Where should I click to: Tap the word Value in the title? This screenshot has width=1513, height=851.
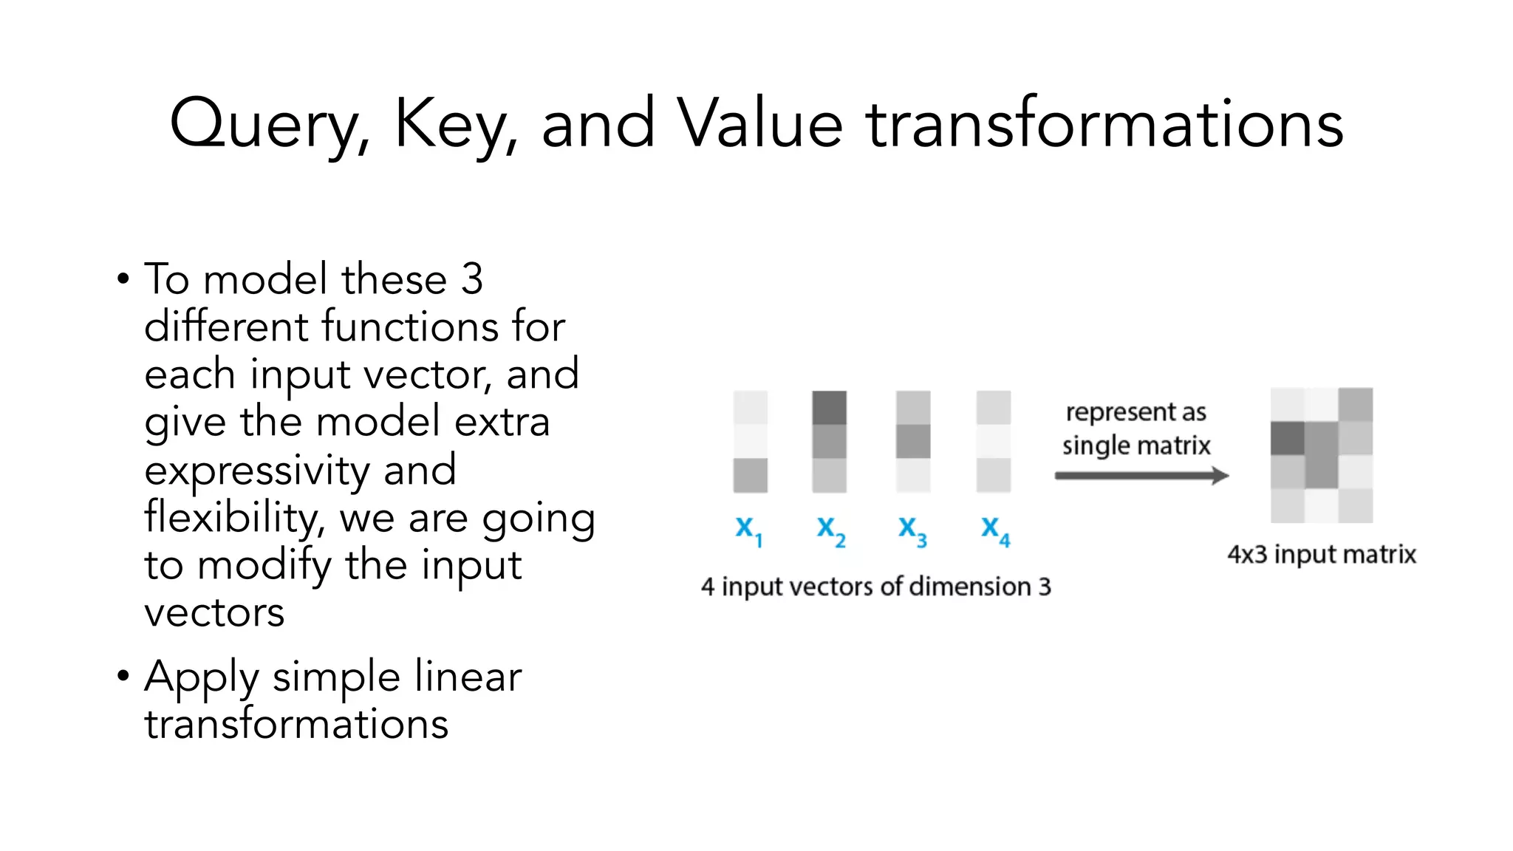[761, 124]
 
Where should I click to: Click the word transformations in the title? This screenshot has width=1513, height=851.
[1104, 124]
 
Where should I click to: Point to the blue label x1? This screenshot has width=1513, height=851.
[748, 530]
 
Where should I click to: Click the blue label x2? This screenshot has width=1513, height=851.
[830, 530]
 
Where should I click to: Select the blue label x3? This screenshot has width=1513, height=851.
[912, 530]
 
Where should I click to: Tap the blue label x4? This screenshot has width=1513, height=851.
[994, 530]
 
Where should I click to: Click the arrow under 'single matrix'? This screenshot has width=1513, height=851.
[1141, 476]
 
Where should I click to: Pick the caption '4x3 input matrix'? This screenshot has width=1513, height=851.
[1321, 554]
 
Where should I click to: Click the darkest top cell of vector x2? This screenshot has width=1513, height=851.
[829, 408]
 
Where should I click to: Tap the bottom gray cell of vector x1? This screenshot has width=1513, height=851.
[750, 475]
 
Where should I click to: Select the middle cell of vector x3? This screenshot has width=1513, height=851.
[913, 441]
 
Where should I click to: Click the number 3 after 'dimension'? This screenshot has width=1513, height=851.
[1045, 587]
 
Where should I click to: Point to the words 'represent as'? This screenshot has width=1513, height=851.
[1135, 412]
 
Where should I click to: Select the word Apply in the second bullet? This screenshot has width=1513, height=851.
[202, 677]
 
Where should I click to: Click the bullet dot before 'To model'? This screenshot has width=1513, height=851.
[123, 280]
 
